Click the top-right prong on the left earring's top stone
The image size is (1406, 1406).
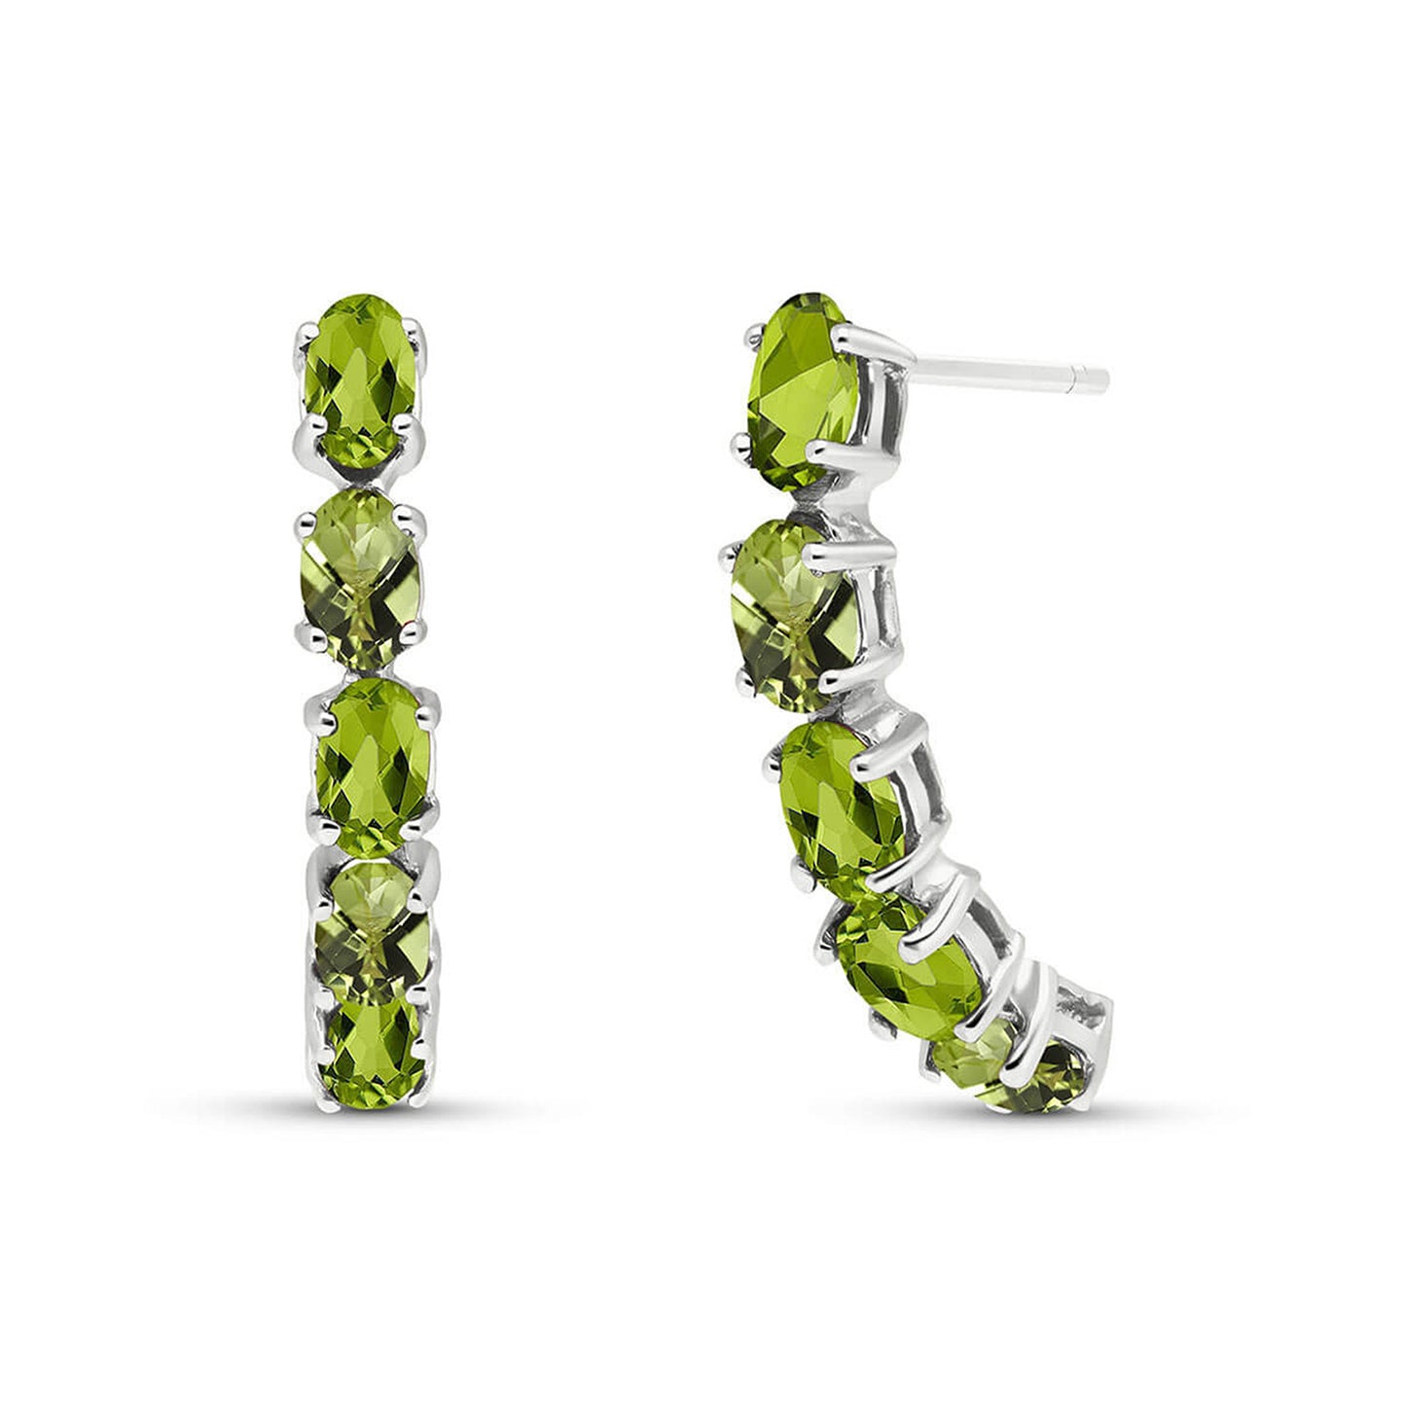tap(419, 336)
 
